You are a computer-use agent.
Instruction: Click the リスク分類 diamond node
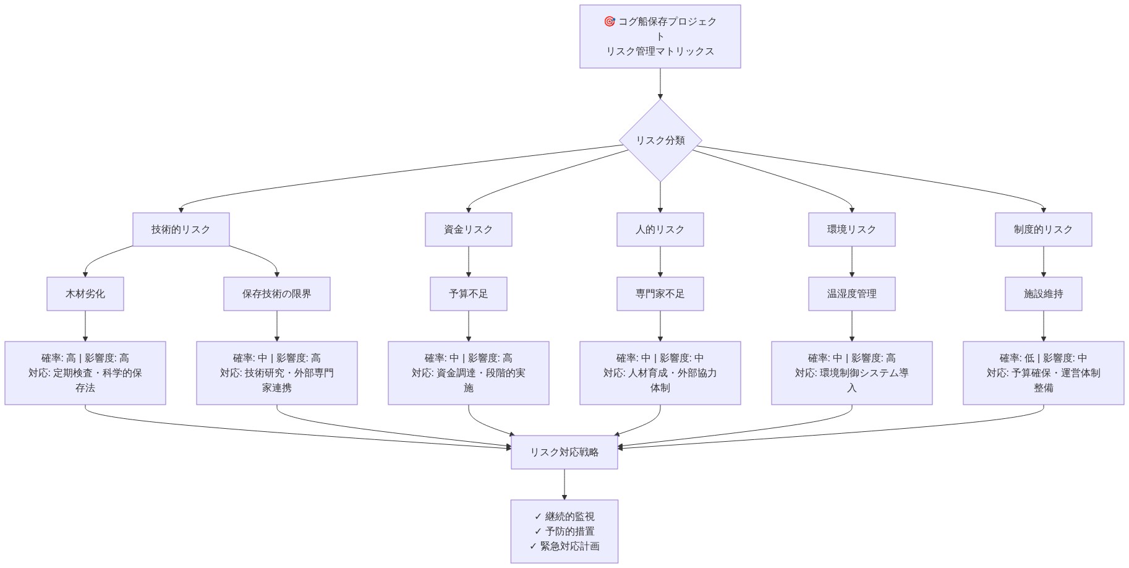(x=660, y=140)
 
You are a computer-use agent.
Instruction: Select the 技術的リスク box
(x=181, y=230)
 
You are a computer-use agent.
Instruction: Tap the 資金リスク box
(x=468, y=230)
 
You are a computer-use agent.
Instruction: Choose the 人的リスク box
(x=660, y=230)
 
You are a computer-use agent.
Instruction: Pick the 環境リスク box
(x=851, y=230)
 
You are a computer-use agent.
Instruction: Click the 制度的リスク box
(x=1043, y=230)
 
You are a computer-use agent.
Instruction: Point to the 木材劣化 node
(x=85, y=294)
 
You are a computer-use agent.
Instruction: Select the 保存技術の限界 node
(x=276, y=294)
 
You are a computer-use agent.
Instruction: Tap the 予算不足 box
(x=468, y=294)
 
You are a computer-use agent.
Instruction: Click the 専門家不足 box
(x=660, y=294)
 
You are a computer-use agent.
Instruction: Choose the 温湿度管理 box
(x=851, y=294)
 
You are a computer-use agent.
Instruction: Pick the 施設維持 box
(x=1043, y=294)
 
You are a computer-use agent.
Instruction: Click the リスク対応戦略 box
(x=564, y=452)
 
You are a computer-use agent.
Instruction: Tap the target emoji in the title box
(x=609, y=22)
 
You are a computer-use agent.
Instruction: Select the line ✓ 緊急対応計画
(x=564, y=546)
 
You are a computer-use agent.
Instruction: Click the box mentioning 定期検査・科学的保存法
(x=85, y=373)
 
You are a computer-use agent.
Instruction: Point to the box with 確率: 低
(x=1043, y=373)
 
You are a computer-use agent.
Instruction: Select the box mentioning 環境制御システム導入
(x=851, y=373)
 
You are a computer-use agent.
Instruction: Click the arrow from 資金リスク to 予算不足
(x=468, y=262)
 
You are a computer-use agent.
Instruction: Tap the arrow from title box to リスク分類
(x=660, y=84)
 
